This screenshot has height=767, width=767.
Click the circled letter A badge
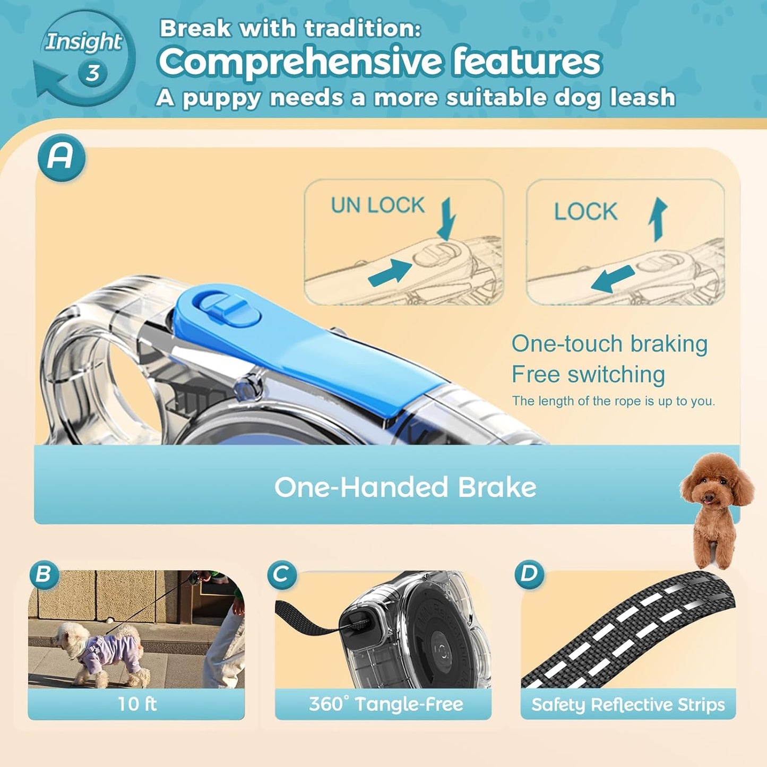pyautogui.click(x=61, y=157)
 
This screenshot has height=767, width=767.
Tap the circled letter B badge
pyautogui.click(x=44, y=574)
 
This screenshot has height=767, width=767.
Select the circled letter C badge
pyautogui.click(x=281, y=574)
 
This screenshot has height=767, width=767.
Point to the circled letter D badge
pyautogui.click(x=529, y=574)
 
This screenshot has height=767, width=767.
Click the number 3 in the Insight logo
pyautogui.click(x=92, y=73)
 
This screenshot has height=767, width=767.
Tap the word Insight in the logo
pyautogui.click(x=83, y=42)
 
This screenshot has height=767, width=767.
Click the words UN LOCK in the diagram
pyautogui.click(x=377, y=205)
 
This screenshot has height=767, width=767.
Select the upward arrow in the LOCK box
pyautogui.click(x=658, y=219)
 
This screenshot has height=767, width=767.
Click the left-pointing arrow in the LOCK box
pyautogui.click(x=613, y=279)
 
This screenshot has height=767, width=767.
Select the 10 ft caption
pyautogui.click(x=136, y=704)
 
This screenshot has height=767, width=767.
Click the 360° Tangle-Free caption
pyautogui.click(x=385, y=704)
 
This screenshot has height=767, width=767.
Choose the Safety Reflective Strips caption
pyautogui.click(x=628, y=704)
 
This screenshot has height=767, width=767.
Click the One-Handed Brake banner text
pyautogui.click(x=405, y=487)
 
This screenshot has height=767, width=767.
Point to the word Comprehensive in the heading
pyautogui.click(x=300, y=62)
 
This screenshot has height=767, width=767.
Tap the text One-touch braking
pyautogui.click(x=609, y=344)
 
